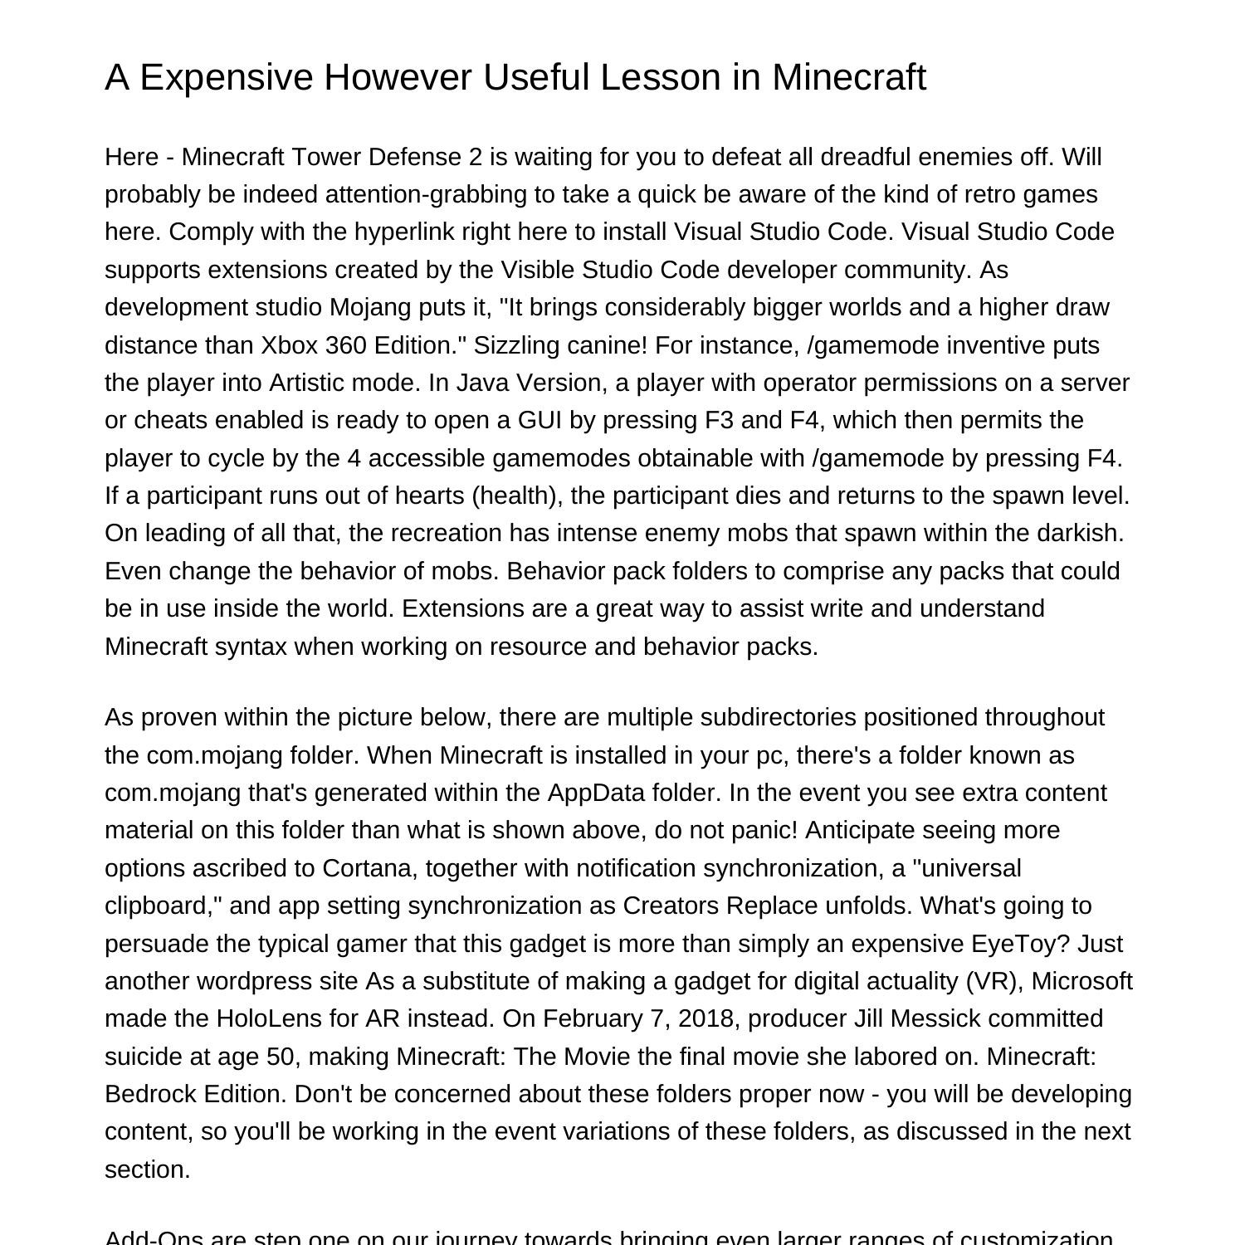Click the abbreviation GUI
point(540,420)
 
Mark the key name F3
point(719,420)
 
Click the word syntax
point(251,647)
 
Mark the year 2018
point(709,1018)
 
